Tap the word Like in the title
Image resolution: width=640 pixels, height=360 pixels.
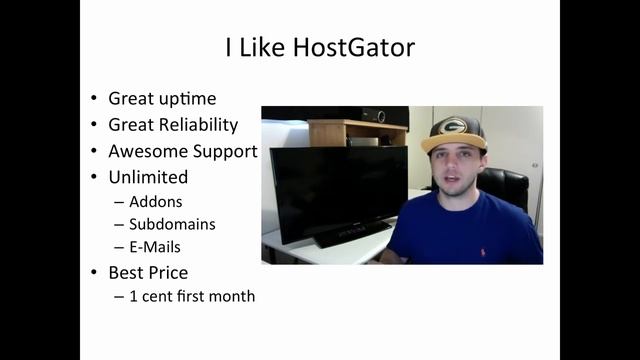[x=259, y=48]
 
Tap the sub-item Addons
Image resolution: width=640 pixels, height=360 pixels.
[x=156, y=202]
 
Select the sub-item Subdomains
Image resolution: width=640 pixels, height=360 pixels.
[x=172, y=224]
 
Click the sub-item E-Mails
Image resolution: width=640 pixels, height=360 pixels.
[x=155, y=246]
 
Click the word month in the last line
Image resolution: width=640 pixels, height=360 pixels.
[x=233, y=296]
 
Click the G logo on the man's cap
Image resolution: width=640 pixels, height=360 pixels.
[x=454, y=127]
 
